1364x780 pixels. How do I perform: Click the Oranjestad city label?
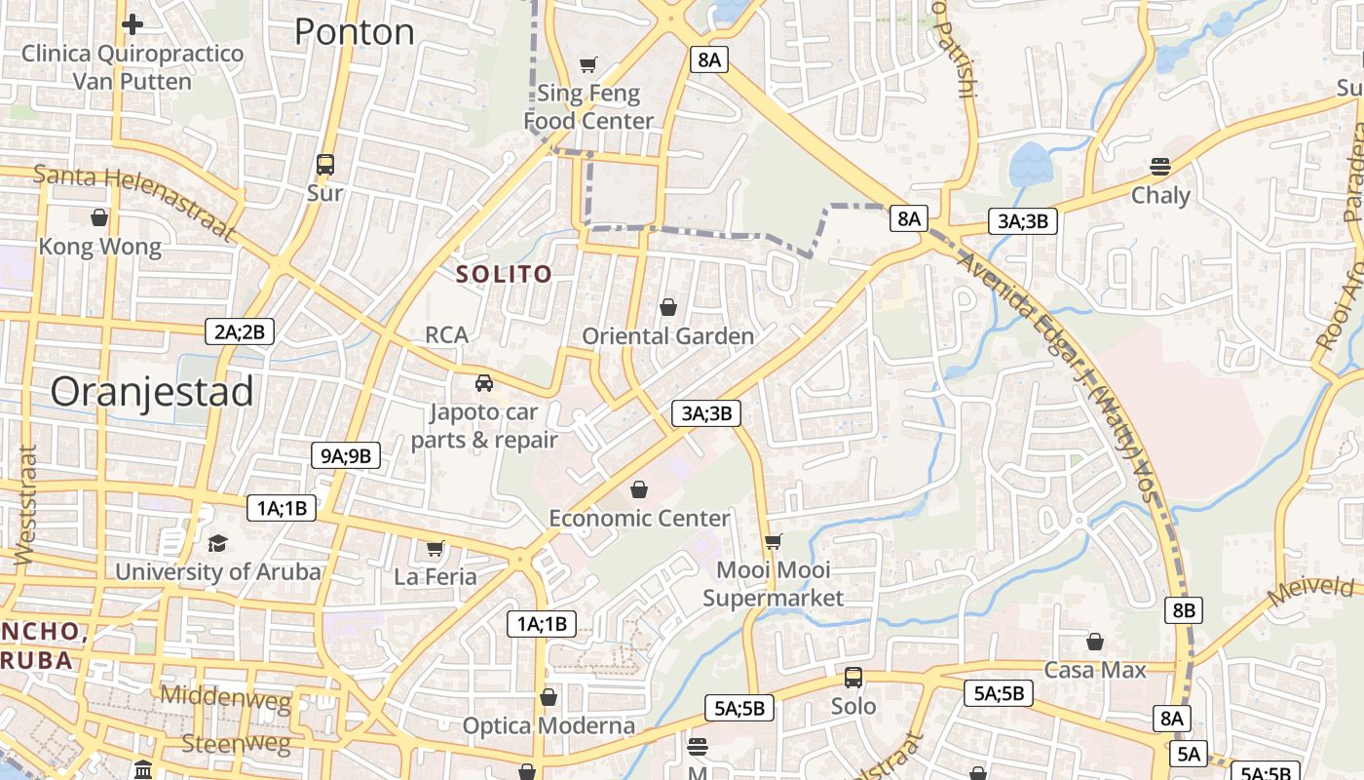[x=152, y=392]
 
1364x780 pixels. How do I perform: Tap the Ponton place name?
[x=354, y=32]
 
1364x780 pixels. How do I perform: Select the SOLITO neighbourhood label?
[x=504, y=275]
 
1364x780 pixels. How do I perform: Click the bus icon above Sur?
[x=325, y=165]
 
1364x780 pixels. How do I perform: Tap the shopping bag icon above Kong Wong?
[x=99, y=217]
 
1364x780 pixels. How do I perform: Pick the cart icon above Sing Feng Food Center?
[x=587, y=65]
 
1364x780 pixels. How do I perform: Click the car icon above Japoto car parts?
[x=484, y=382]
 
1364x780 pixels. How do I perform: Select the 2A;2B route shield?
[x=240, y=331]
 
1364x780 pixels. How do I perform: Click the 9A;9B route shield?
[x=345, y=454]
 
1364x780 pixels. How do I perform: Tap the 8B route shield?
[x=1183, y=610]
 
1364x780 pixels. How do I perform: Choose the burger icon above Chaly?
[x=1159, y=166]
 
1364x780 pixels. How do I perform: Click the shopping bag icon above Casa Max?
[x=1095, y=642]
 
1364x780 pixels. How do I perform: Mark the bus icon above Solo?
[x=852, y=677]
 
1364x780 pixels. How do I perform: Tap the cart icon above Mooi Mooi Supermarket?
[x=773, y=541]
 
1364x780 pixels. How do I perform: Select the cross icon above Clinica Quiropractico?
[x=133, y=23]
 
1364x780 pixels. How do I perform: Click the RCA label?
[x=446, y=335]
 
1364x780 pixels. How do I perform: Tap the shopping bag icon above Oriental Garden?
[x=668, y=308]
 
